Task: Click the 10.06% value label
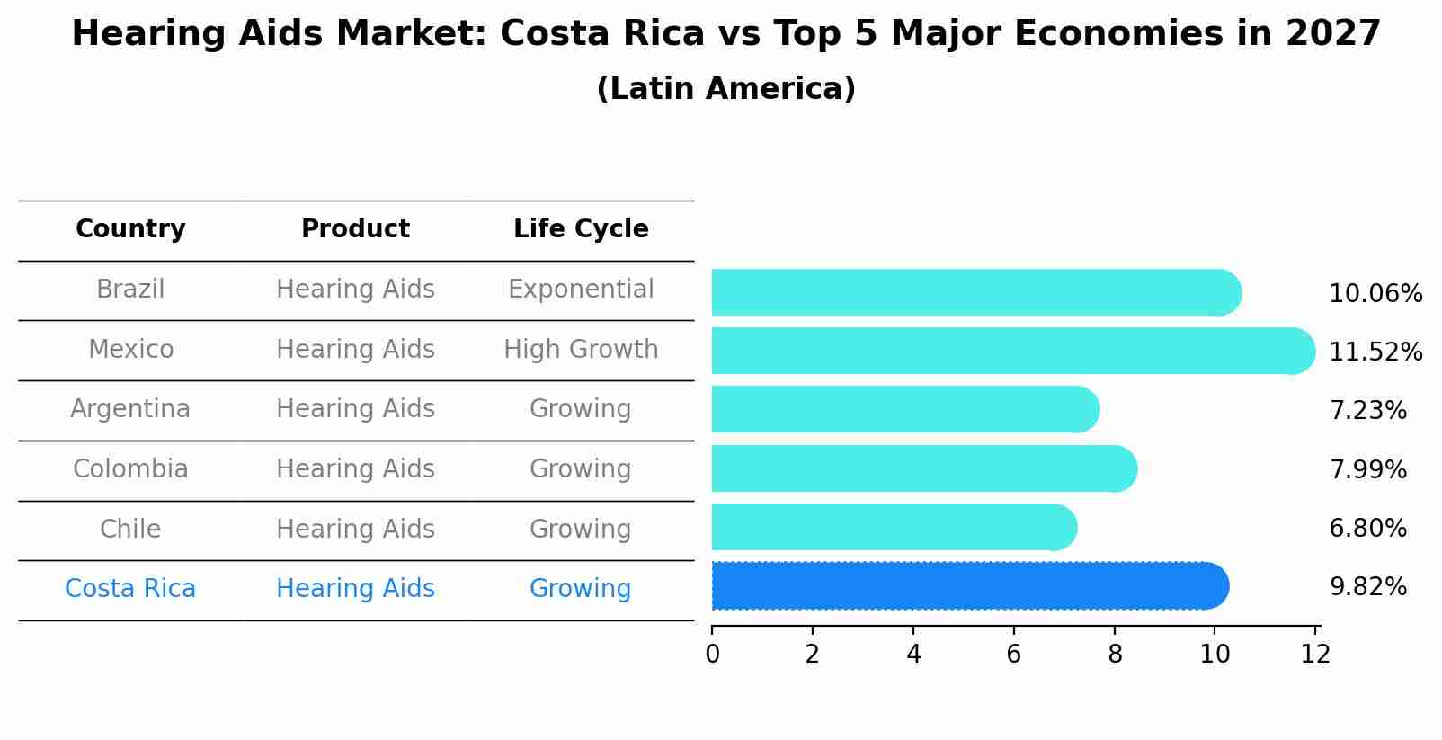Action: coord(1375,294)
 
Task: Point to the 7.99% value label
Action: coord(1367,469)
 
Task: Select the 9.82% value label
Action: coord(1367,587)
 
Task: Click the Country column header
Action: coord(130,229)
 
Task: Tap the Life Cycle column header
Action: coord(581,229)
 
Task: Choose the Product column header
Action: coord(355,229)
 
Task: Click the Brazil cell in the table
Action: coord(130,290)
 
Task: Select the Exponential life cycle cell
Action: coord(581,290)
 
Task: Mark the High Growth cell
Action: coord(581,350)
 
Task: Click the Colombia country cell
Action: coord(130,469)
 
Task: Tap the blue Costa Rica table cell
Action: coord(130,589)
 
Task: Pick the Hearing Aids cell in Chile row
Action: coord(355,530)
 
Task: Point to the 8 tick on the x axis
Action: coord(1115,655)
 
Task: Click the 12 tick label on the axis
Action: coord(1315,655)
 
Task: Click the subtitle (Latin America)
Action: coord(725,89)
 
